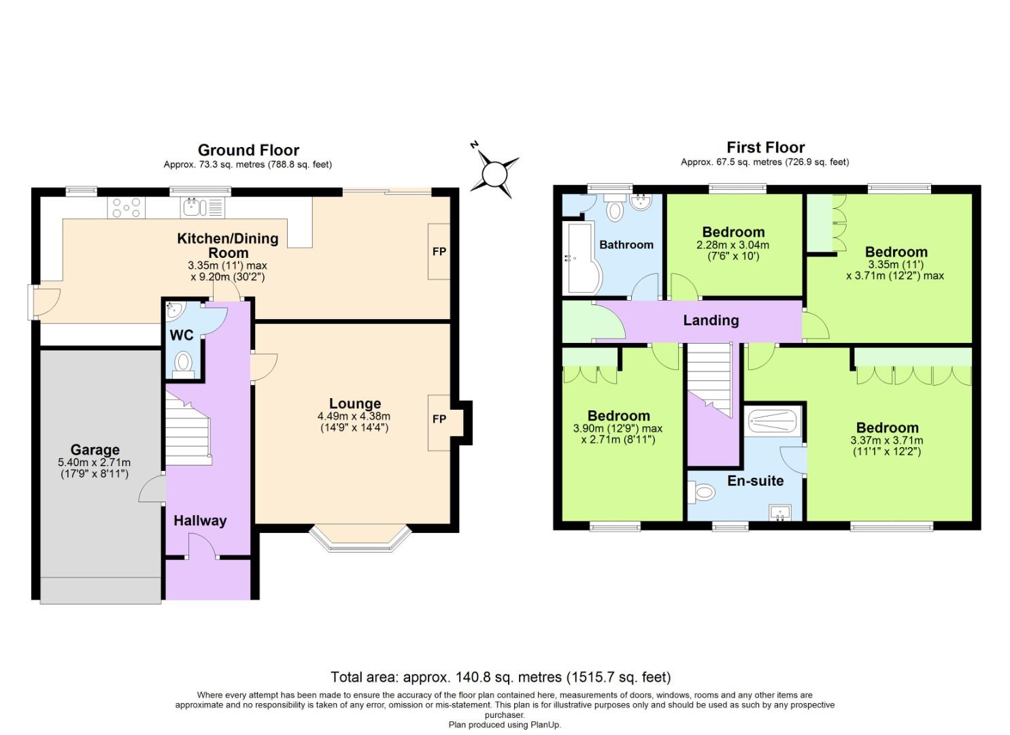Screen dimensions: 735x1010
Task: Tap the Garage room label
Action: (95, 450)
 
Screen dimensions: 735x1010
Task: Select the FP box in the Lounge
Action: (439, 419)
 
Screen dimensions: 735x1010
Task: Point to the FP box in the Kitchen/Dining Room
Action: (439, 251)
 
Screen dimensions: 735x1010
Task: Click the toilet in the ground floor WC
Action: (183, 363)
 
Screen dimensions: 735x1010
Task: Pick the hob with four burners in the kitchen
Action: (127, 207)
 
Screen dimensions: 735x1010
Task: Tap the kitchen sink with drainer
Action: (203, 207)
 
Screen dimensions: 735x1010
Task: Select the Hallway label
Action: (199, 521)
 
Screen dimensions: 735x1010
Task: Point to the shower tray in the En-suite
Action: (773, 421)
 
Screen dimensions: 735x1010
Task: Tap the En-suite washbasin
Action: (780, 512)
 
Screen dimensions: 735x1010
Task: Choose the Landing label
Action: (711, 321)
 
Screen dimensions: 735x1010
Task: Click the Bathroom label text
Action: (626, 244)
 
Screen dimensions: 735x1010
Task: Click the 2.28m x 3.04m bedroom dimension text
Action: (733, 245)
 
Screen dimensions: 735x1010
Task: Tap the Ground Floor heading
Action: (248, 150)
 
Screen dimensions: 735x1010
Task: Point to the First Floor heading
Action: (765, 148)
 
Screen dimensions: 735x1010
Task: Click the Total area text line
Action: (501, 677)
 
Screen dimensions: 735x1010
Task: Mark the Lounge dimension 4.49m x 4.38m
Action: (354, 416)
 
